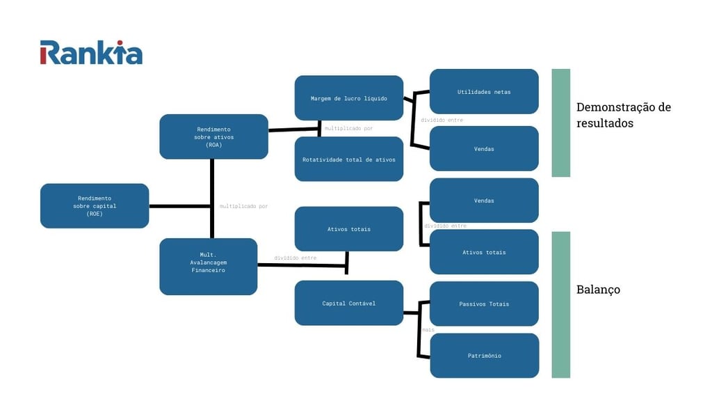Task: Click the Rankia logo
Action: [91, 52]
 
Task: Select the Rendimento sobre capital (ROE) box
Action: [95, 206]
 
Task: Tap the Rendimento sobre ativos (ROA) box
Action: [213, 136]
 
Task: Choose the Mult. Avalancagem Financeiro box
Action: [208, 267]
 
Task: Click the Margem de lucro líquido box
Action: [348, 98]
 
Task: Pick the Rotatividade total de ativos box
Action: [348, 159]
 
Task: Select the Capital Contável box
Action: [348, 303]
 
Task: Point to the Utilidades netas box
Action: [484, 91]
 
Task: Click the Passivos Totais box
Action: [484, 304]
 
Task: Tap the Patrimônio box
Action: [484, 356]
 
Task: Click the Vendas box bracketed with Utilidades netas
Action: [484, 148]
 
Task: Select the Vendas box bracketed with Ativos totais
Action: [484, 200]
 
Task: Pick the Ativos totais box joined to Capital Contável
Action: [348, 229]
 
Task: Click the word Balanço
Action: [598, 289]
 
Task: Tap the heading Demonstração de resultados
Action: [623, 115]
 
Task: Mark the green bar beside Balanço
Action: [560, 304]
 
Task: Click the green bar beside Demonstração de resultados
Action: [560, 123]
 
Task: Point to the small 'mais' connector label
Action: [428, 330]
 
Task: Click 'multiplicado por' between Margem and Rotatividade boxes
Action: [348, 129]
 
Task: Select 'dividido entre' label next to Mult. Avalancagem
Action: [295, 258]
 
